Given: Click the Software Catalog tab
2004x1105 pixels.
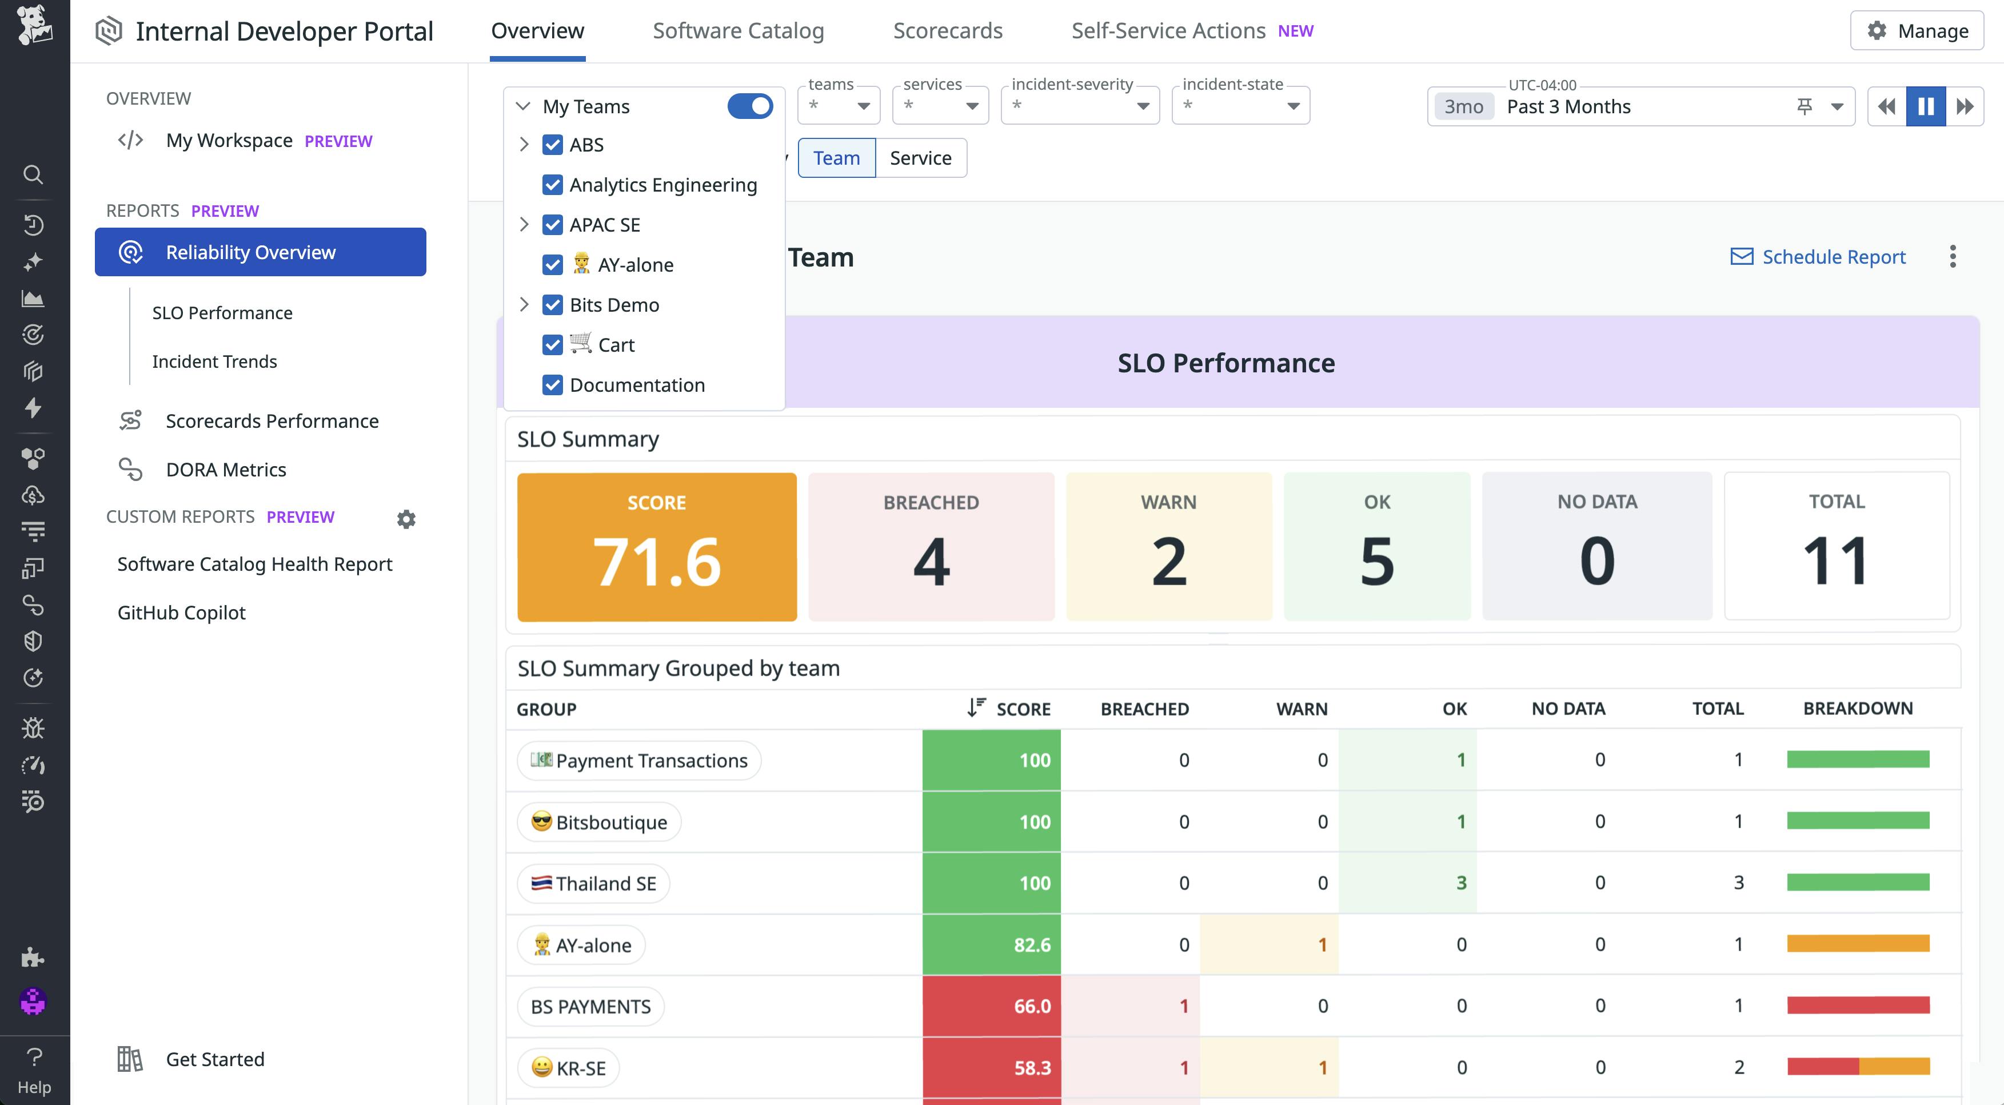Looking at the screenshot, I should point(737,31).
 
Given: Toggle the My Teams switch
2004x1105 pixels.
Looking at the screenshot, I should point(749,106).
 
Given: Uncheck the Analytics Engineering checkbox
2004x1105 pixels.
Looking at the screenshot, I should point(552,185).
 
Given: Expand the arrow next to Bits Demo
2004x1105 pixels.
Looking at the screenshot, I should point(524,304).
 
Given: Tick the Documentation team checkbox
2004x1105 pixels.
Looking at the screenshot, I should point(552,385).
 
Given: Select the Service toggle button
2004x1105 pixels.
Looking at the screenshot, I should point(920,158).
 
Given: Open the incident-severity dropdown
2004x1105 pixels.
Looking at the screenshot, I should point(1079,106).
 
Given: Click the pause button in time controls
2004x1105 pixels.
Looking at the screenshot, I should point(1926,106).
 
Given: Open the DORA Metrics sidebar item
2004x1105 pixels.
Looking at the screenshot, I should point(226,469).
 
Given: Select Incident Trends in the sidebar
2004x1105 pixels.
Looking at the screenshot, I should point(214,361).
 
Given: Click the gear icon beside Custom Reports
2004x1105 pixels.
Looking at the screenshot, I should point(406,519).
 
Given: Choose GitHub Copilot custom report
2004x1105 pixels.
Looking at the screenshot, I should point(181,613).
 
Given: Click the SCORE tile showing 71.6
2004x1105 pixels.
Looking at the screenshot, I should point(657,546).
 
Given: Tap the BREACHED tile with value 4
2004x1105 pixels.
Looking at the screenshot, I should point(931,546).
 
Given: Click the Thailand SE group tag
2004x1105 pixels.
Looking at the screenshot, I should point(593,883).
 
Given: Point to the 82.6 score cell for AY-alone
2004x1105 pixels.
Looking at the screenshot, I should point(991,945).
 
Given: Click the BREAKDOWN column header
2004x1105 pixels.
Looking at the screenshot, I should point(1857,708).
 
